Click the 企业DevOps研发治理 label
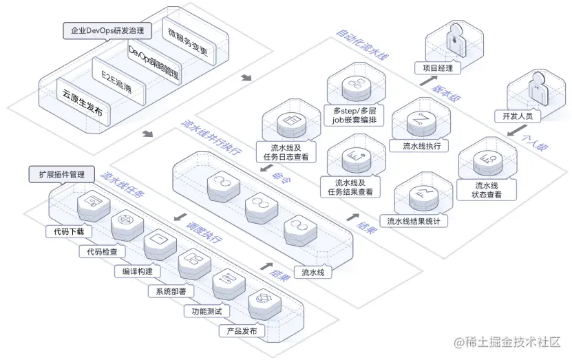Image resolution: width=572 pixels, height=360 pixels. (108, 31)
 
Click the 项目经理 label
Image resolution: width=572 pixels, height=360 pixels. (438, 67)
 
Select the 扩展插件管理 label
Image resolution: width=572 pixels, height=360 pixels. (61, 175)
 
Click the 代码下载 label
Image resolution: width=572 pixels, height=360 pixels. (72, 232)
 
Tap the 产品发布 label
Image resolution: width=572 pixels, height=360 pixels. (242, 331)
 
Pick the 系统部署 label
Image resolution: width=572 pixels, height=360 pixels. (171, 291)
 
